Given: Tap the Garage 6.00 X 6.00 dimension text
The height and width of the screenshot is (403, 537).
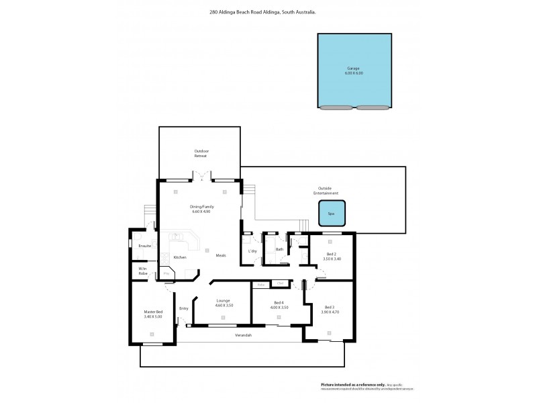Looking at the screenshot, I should click(354, 73).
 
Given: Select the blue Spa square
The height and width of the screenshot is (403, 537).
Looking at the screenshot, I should click(331, 214).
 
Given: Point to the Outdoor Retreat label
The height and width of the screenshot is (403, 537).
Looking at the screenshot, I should click(201, 153).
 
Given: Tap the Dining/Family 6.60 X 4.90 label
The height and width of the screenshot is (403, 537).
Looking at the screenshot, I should click(201, 209).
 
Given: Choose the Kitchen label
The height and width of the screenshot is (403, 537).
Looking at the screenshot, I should click(180, 257).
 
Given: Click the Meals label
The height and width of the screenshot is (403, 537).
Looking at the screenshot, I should click(221, 255).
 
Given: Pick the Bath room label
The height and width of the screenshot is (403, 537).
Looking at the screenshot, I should click(279, 249).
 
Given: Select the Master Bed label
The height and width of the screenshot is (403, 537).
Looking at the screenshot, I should click(154, 314).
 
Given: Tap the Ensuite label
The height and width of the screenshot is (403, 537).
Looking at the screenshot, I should click(144, 246).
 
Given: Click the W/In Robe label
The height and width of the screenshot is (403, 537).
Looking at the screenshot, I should click(143, 271).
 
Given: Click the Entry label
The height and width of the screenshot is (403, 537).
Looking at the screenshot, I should click(183, 308).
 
